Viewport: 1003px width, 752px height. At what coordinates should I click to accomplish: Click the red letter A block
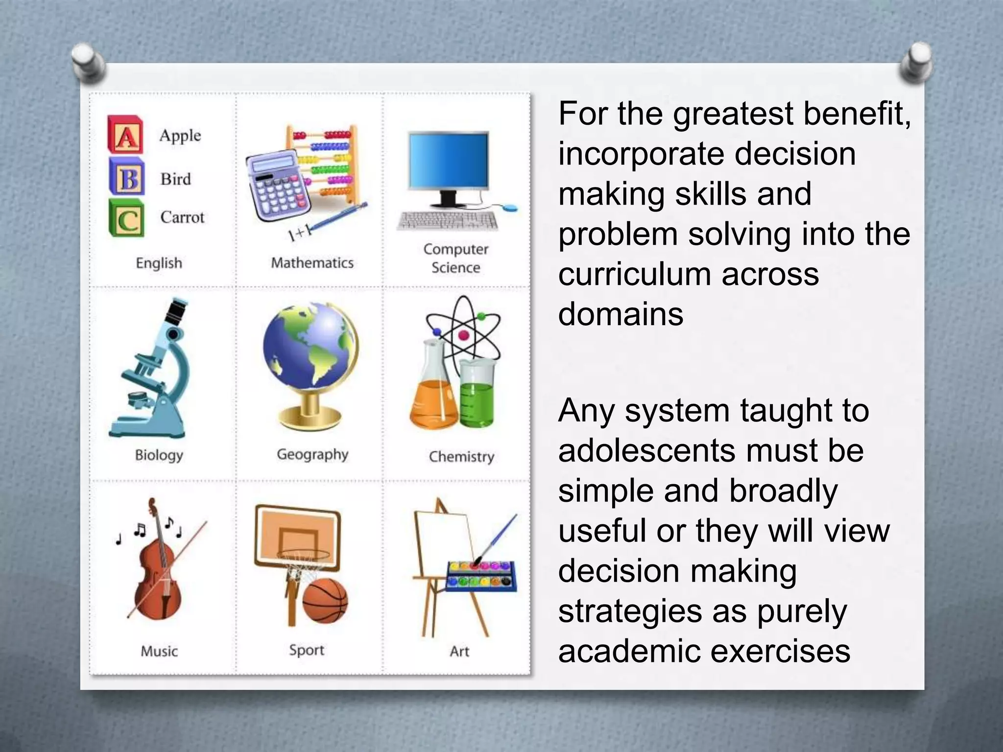point(125,135)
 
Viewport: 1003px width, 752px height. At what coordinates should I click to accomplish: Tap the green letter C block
point(126,218)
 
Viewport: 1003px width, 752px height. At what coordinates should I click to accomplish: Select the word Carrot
point(182,217)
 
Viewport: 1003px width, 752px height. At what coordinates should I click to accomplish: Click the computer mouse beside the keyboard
point(510,208)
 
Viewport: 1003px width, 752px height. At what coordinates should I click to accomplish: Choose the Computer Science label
point(455,258)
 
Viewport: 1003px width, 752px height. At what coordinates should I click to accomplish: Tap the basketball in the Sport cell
point(325,600)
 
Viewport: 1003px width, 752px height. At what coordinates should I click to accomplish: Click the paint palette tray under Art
point(481,575)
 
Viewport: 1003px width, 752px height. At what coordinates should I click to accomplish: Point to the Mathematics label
point(312,263)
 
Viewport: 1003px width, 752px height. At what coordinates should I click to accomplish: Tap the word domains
point(621,314)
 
